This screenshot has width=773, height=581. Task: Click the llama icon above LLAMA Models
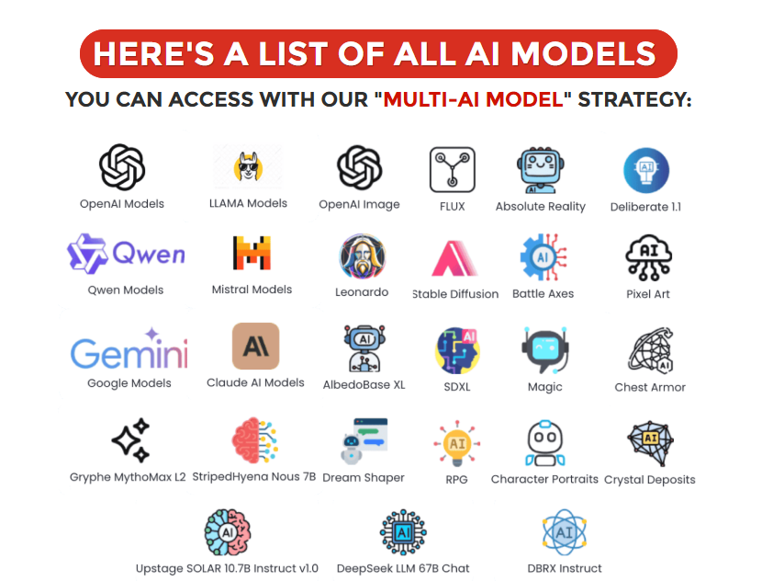click(248, 166)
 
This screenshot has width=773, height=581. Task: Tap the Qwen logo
click(126, 254)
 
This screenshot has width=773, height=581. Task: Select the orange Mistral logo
click(252, 253)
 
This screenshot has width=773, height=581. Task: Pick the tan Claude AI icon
click(256, 346)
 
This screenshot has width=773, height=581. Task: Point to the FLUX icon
click(452, 170)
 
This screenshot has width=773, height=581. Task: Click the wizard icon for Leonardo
click(362, 256)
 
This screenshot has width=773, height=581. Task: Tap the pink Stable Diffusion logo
click(454, 258)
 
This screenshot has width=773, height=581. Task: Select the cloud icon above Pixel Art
click(648, 257)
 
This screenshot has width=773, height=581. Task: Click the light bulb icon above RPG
click(457, 443)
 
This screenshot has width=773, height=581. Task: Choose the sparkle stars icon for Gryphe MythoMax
click(130, 439)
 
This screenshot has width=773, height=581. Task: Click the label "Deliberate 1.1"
click(645, 207)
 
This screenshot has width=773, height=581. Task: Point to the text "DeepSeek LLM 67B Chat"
click(403, 568)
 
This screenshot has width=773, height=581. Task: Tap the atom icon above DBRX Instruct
click(565, 532)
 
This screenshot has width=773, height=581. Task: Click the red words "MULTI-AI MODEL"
click(474, 99)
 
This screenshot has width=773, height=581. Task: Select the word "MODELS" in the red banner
click(583, 53)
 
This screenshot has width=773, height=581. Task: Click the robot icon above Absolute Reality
click(541, 170)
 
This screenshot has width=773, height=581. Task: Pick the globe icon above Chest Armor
click(650, 350)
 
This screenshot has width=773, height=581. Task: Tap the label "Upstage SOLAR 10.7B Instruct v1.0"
click(227, 568)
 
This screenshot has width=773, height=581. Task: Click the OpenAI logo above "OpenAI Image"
click(359, 168)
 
